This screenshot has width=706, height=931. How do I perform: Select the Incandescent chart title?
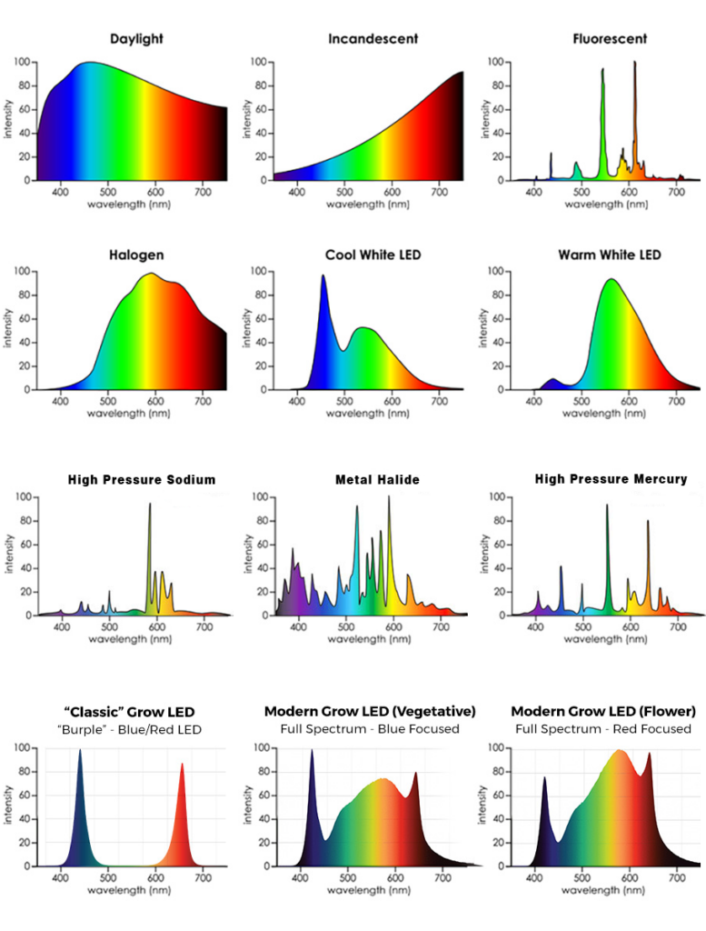click(x=373, y=39)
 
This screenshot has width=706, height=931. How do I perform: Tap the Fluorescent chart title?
click(x=610, y=39)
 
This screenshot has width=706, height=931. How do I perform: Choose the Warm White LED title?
click(x=610, y=255)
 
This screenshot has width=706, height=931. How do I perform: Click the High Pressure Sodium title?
click(x=142, y=479)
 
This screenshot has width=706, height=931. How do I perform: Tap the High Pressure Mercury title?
click(x=611, y=479)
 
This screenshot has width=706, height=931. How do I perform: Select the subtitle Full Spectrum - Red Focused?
click(x=603, y=728)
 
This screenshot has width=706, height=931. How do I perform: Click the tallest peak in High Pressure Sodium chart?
click(x=150, y=506)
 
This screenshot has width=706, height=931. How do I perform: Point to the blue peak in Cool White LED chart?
click(x=323, y=277)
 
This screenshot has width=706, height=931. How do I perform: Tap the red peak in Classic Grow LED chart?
click(x=182, y=766)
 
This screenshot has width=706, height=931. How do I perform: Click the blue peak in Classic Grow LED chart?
click(x=80, y=753)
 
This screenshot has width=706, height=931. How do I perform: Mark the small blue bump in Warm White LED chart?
click(x=552, y=380)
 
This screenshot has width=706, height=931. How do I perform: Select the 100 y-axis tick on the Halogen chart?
click(x=24, y=271)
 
